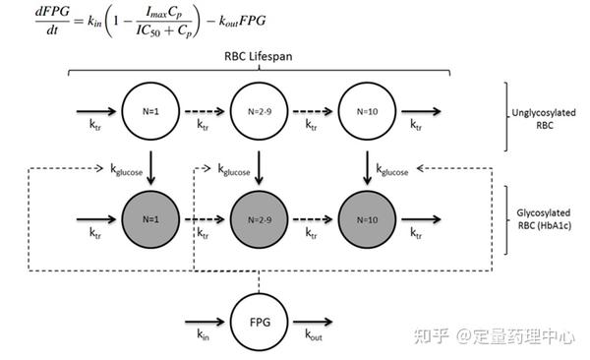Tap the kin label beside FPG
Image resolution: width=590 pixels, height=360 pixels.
(203, 335)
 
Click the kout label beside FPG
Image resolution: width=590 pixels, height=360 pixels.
(313, 335)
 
